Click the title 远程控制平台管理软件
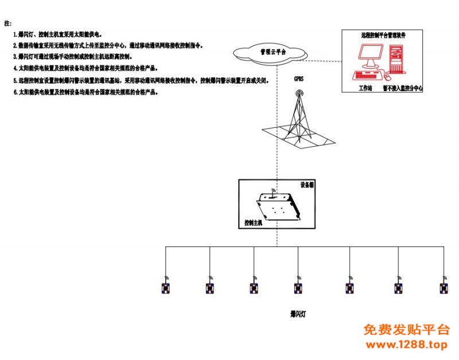383,35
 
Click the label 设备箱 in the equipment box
308,185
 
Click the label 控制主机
253,222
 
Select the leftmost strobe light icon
166,287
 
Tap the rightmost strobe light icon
444,287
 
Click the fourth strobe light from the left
298,287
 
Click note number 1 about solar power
57,35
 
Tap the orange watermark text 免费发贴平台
407,330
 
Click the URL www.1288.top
406,345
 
